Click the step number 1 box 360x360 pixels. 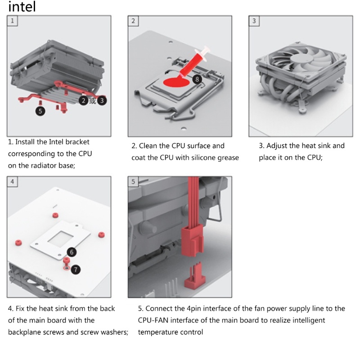coord(13,21)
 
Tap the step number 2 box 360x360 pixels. coord(133,21)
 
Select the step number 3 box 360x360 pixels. coord(254,21)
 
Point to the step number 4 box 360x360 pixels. coord(13,182)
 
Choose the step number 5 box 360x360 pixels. coord(133,182)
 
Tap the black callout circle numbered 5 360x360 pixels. coord(40,110)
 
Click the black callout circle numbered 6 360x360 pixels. coord(72,252)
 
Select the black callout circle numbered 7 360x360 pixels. coord(75,270)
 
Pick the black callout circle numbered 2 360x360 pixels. coord(83,100)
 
